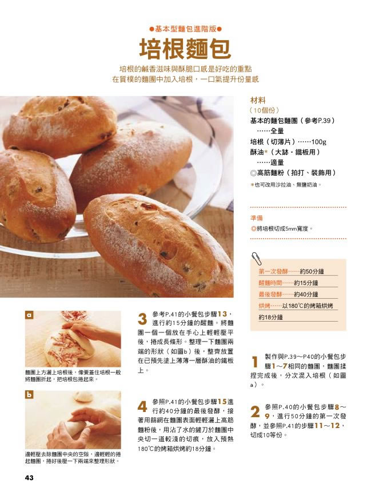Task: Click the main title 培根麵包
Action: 185,49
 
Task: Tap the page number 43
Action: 29,477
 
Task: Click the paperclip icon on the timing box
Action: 257,259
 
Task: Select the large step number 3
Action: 142,319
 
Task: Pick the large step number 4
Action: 142,406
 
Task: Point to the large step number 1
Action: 255,362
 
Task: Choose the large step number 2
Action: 255,412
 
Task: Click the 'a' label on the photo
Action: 29,315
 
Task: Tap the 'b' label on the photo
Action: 29,394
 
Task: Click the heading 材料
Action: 258,101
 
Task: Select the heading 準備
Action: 257,218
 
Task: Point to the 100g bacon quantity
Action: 318,142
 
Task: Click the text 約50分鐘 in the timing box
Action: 312,271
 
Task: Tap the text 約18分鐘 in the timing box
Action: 271,317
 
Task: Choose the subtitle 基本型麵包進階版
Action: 186,29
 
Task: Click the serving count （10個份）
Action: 265,110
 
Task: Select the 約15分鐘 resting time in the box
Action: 306,283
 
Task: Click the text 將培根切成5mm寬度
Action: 282,228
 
